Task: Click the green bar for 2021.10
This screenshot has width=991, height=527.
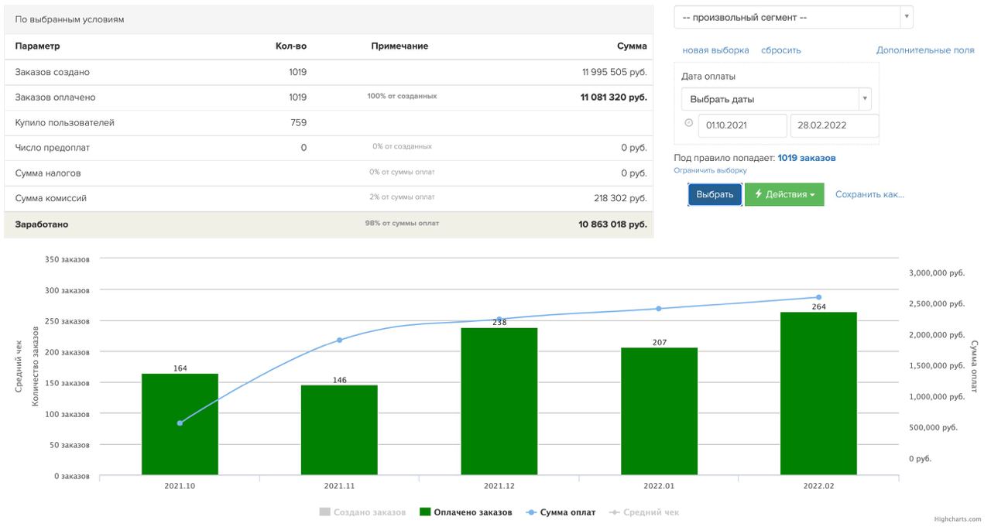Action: point(180,424)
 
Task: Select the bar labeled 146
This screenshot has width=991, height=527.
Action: point(339,429)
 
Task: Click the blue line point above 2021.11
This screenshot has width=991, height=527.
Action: point(339,340)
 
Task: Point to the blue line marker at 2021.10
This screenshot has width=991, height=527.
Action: point(180,423)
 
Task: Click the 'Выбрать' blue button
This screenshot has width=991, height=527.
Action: point(715,195)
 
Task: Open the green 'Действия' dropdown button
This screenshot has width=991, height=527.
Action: point(784,195)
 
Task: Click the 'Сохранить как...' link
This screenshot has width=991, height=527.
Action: point(869,195)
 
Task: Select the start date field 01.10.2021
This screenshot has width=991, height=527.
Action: point(742,125)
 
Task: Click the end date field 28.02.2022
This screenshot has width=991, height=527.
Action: point(834,125)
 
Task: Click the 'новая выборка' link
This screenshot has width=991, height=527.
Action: point(715,50)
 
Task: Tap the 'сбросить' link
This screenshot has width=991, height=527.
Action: point(780,50)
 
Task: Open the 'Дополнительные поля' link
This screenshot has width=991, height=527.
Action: point(925,50)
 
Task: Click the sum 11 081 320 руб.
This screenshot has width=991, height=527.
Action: point(613,98)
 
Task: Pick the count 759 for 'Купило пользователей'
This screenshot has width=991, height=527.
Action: point(298,123)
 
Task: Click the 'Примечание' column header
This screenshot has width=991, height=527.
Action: point(399,46)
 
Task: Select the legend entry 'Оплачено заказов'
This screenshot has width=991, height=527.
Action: point(465,512)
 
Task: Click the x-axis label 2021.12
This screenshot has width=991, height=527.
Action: point(499,487)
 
